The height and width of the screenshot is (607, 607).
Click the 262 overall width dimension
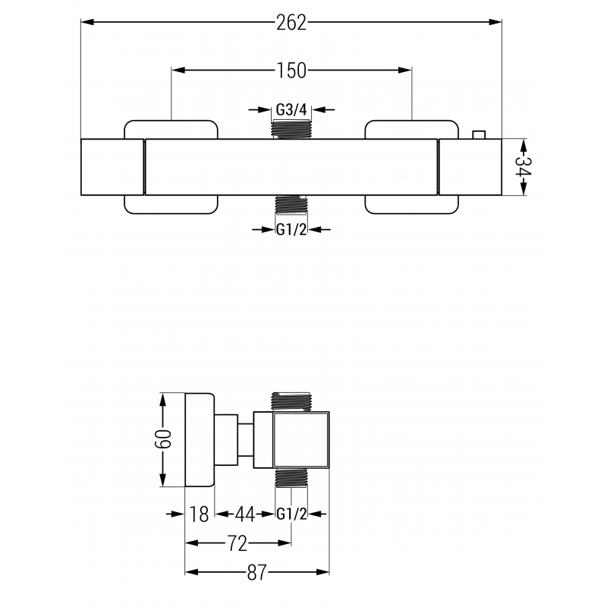291,23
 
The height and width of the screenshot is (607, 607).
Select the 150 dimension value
291,71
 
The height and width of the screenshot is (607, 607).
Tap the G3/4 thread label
291,110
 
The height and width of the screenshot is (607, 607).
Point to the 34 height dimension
523,167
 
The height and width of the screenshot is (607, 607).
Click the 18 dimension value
200,514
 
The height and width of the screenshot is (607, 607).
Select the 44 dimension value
244,514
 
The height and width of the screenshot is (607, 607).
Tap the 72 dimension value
237,543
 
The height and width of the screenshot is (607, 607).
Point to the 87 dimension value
258,572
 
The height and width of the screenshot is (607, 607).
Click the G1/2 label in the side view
291,514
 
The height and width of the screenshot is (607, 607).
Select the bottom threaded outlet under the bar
291,206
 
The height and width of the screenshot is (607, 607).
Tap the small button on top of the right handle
478,135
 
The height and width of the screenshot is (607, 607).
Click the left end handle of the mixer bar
112,167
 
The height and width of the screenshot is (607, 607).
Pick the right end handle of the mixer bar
470,167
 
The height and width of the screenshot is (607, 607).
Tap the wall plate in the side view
200,440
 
